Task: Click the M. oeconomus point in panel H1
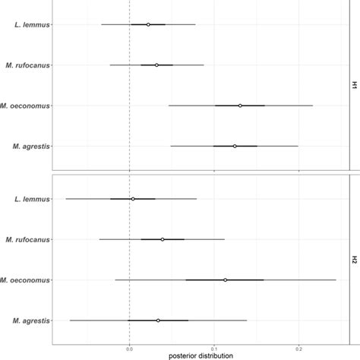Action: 240,106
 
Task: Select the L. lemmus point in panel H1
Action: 148,24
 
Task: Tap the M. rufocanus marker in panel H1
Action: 156,65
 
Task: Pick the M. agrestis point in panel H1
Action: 235,146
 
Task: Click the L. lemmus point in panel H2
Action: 133,199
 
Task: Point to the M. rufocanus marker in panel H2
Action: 163,239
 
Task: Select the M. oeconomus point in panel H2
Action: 226,279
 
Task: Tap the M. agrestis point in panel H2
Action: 158,321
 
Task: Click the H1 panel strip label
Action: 355,85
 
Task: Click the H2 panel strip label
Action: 355,260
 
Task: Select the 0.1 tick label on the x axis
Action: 214,349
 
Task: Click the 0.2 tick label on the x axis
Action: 298,349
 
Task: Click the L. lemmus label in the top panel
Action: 32,24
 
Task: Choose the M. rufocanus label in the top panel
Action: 27,65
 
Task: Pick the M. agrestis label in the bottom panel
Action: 29,321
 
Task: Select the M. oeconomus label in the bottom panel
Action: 26,279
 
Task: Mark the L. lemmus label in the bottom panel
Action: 32,199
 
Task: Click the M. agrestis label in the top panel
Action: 29,146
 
